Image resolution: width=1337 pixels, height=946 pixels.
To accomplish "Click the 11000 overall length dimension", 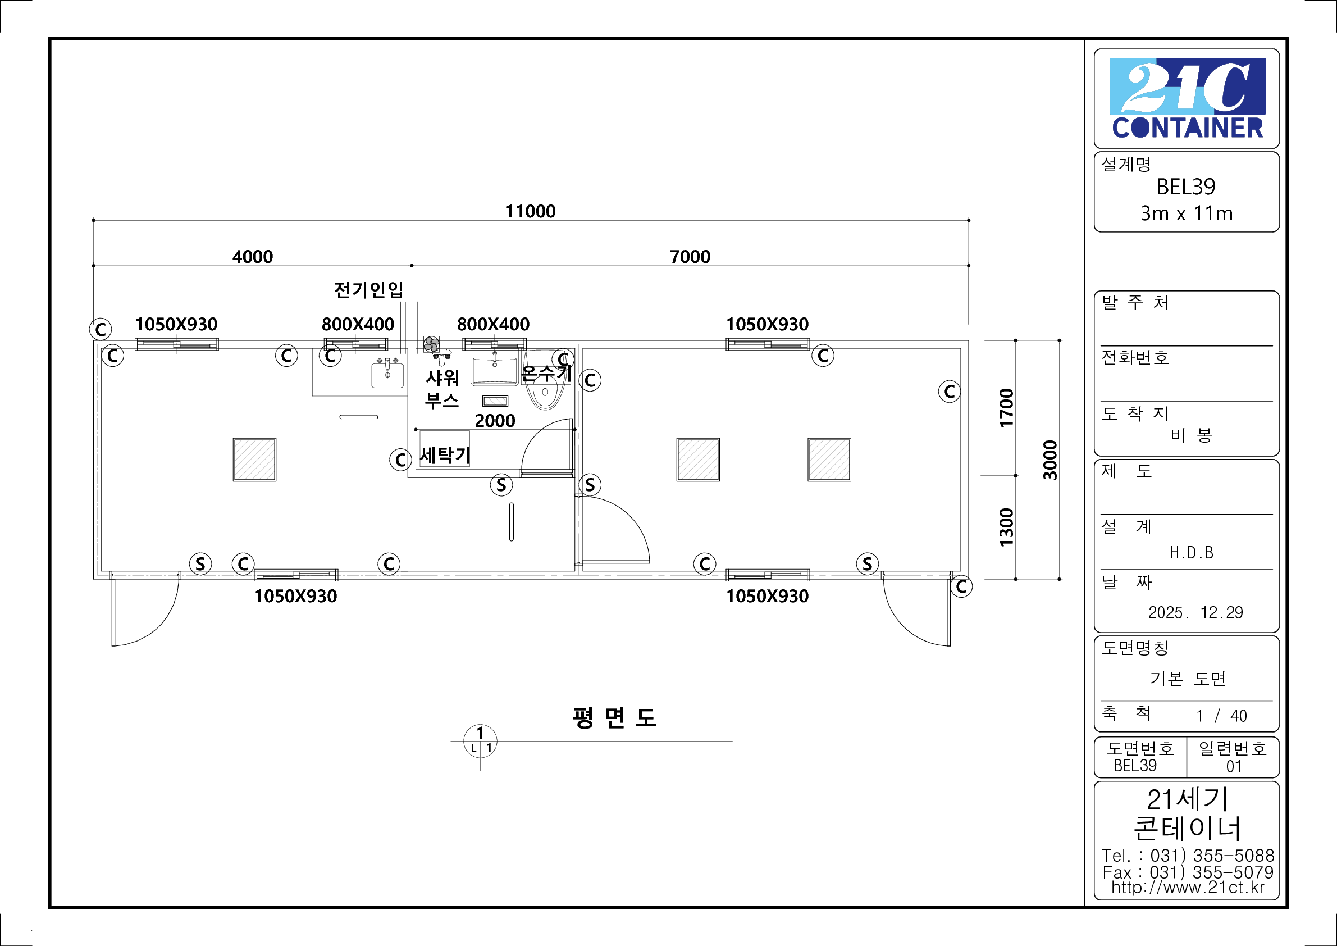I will (x=530, y=211).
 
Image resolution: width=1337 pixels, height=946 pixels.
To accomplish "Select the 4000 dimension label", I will (x=252, y=256).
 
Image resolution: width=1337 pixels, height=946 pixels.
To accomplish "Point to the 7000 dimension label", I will (x=690, y=256).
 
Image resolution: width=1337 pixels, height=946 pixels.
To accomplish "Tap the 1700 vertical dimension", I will (x=1006, y=408).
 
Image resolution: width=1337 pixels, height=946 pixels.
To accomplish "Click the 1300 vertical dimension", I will (x=1006, y=527).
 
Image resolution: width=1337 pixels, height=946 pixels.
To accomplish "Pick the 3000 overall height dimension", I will (x=1049, y=460).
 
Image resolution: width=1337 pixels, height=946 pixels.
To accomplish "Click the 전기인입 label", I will (x=368, y=289).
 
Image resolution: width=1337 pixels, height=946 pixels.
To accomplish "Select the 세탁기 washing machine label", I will (x=445, y=455).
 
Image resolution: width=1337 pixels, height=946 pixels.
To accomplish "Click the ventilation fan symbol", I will (x=431, y=344).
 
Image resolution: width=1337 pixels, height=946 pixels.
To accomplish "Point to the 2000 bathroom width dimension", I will (x=494, y=421).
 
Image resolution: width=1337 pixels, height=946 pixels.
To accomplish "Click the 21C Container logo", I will (x=1186, y=98).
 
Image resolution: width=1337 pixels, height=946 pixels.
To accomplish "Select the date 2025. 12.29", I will (x=1195, y=612).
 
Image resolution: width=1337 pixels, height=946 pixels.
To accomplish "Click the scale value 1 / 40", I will (x=1221, y=715).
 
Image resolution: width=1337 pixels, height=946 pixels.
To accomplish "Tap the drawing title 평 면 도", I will (x=614, y=718).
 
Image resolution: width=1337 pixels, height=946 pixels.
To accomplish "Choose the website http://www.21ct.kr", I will (x=1187, y=886).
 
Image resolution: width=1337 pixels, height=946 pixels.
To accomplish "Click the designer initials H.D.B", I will (x=1192, y=552).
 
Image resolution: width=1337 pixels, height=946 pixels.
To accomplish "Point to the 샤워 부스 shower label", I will (x=442, y=389).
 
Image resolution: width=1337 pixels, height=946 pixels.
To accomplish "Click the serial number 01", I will (x=1233, y=766).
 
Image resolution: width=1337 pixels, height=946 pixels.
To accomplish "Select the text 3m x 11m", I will (x=1186, y=213).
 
